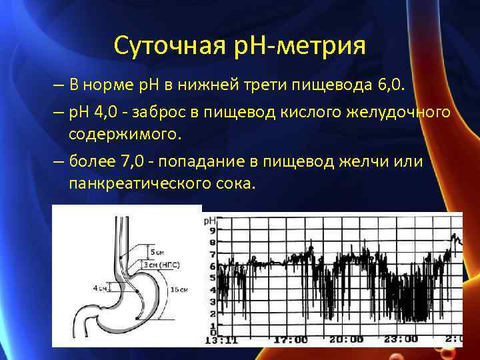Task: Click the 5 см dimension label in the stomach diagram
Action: [x=157, y=253]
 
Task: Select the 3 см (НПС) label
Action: [x=164, y=265]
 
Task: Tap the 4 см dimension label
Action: [x=99, y=288]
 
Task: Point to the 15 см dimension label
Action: [x=179, y=289]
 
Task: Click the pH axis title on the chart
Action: [x=209, y=220]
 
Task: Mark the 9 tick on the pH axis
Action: [x=212, y=231]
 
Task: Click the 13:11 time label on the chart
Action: [x=221, y=339]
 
